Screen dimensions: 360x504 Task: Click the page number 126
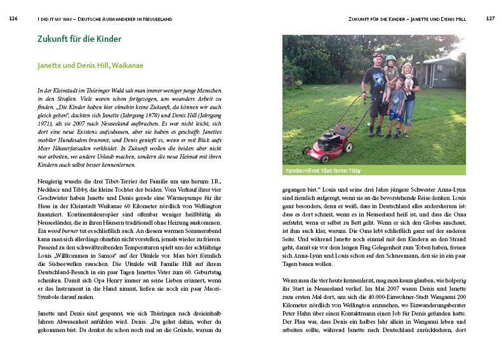[13, 19]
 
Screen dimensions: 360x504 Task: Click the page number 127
[489, 19]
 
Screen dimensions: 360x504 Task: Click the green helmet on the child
[390, 58]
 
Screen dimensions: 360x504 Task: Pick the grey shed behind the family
[439, 71]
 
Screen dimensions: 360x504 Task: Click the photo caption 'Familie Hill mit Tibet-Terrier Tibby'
[324, 171]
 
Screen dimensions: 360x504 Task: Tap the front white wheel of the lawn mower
[308, 152]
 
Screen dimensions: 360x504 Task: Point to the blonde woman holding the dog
[408, 92]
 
